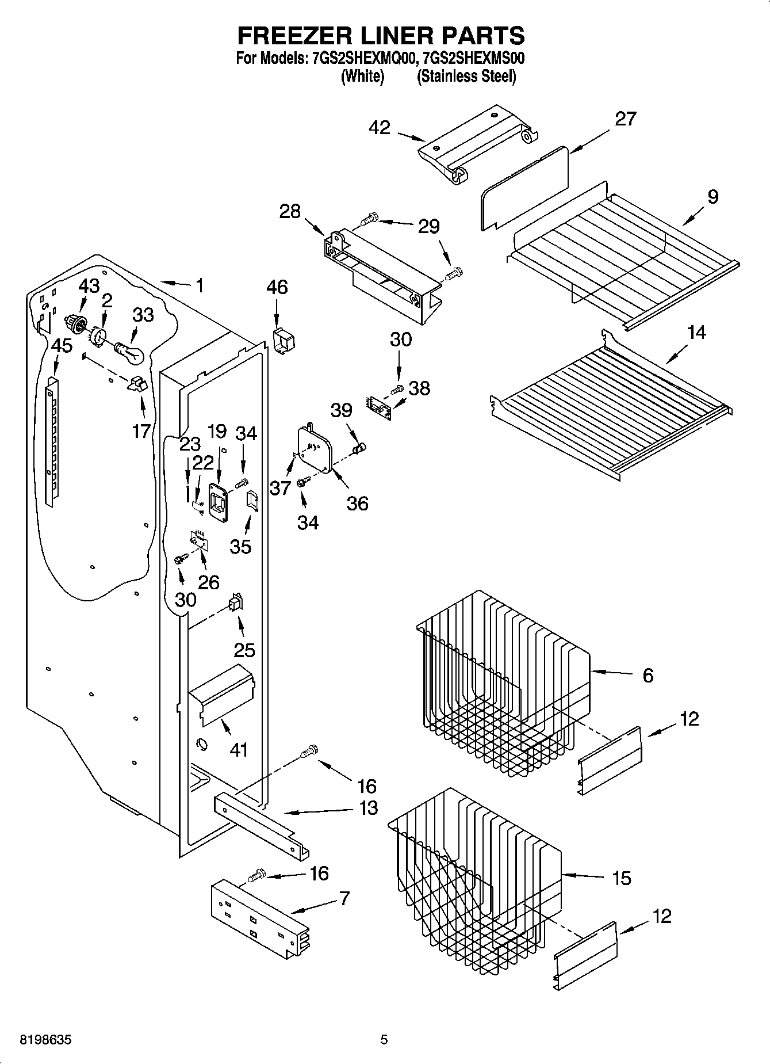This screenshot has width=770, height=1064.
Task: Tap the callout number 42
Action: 380,128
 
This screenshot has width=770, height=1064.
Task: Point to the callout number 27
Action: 626,119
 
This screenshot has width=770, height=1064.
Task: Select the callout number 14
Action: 696,332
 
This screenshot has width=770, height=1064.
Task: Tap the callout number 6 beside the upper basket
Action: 648,675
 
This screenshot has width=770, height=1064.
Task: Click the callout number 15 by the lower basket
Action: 622,878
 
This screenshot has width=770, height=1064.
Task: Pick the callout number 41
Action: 239,750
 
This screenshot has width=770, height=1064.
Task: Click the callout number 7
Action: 344,898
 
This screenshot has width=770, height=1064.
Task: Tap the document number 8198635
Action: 47,1040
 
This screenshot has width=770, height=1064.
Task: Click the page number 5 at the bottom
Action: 384,1040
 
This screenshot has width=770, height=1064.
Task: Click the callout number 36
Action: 357,504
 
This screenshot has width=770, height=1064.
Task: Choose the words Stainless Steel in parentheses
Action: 466,76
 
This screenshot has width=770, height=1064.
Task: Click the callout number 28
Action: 290,211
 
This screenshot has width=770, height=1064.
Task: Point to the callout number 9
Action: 712,197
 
